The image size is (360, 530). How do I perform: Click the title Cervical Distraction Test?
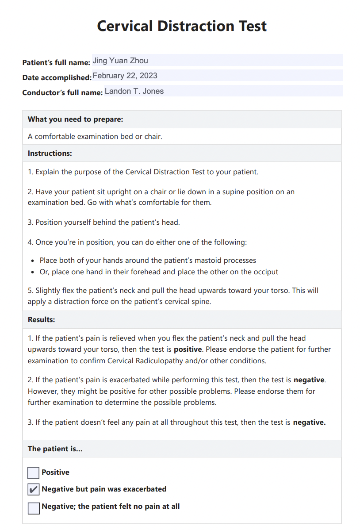tap(182, 26)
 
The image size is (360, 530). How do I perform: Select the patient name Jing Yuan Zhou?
tap(120, 61)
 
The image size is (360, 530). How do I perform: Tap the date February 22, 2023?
tap(125, 76)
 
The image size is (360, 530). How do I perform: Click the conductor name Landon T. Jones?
tap(134, 91)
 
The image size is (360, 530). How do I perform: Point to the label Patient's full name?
tap(56, 62)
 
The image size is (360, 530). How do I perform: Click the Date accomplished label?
tap(57, 78)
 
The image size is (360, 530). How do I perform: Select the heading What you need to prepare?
tap(75, 119)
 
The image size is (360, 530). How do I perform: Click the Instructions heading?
tap(50, 153)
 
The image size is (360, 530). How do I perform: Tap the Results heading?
tap(41, 319)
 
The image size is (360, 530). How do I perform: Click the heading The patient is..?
tap(55, 449)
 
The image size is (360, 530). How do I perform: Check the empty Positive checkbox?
tap(34, 473)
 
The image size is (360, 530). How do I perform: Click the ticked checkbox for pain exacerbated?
tap(34, 490)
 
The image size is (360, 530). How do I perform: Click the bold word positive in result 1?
tap(188, 349)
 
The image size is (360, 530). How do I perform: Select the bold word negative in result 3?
tap(309, 422)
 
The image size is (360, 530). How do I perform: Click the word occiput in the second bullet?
tap(265, 272)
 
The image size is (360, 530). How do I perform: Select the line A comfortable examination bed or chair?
tap(95, 136)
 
